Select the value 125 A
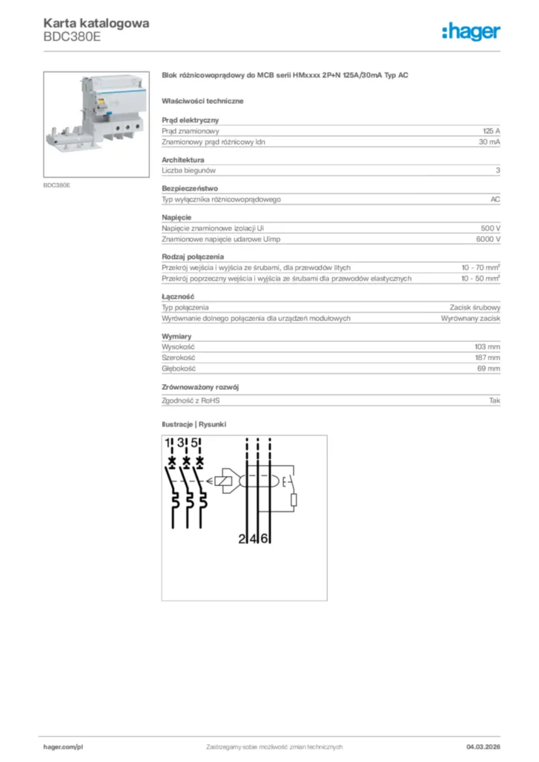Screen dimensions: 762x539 tap(491, 130)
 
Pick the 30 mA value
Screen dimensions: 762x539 tap(489, 141)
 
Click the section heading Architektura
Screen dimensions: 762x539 tap(183, 159)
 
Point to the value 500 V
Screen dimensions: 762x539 tap(491, 228)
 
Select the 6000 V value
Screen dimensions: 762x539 tap(488, 239)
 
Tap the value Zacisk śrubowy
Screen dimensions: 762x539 tap(474, 307)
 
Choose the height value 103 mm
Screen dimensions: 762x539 tap(488, 347)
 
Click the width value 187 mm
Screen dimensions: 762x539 tap(488, 357)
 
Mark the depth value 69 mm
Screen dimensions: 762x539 tap(489, 368)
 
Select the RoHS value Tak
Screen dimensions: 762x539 tap(494, 400)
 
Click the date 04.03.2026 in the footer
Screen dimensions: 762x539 tap(483, 746)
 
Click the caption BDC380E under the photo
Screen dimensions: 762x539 tap(57, 185)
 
